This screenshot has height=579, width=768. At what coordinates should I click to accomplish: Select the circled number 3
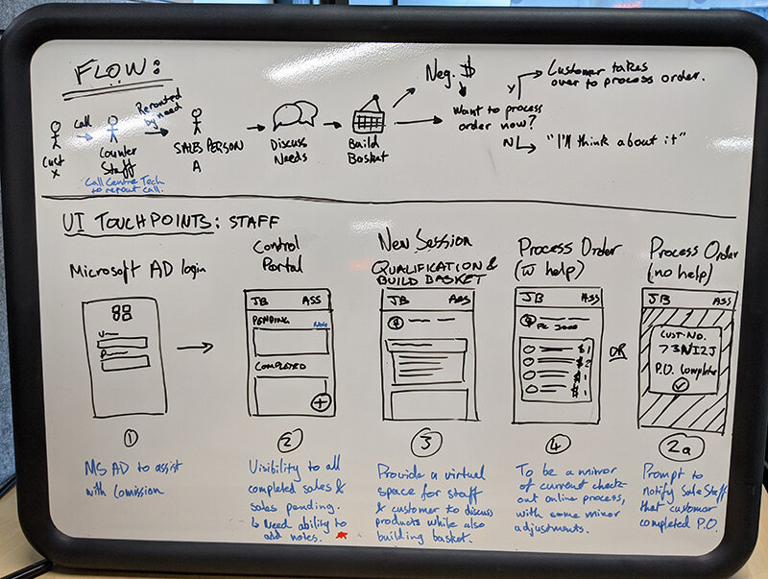click(x=423, y=444)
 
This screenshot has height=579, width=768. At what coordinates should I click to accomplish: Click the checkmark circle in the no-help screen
click(x=683, y=385)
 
